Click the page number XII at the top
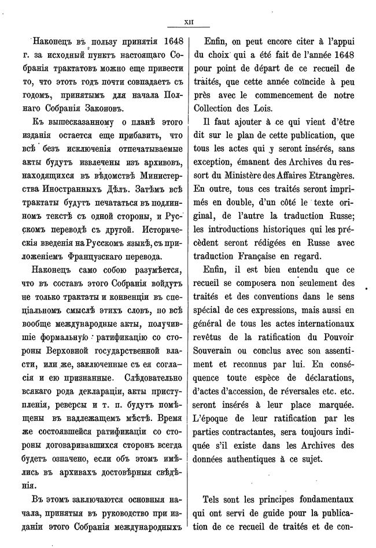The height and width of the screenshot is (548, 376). (x=188, y=23)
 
